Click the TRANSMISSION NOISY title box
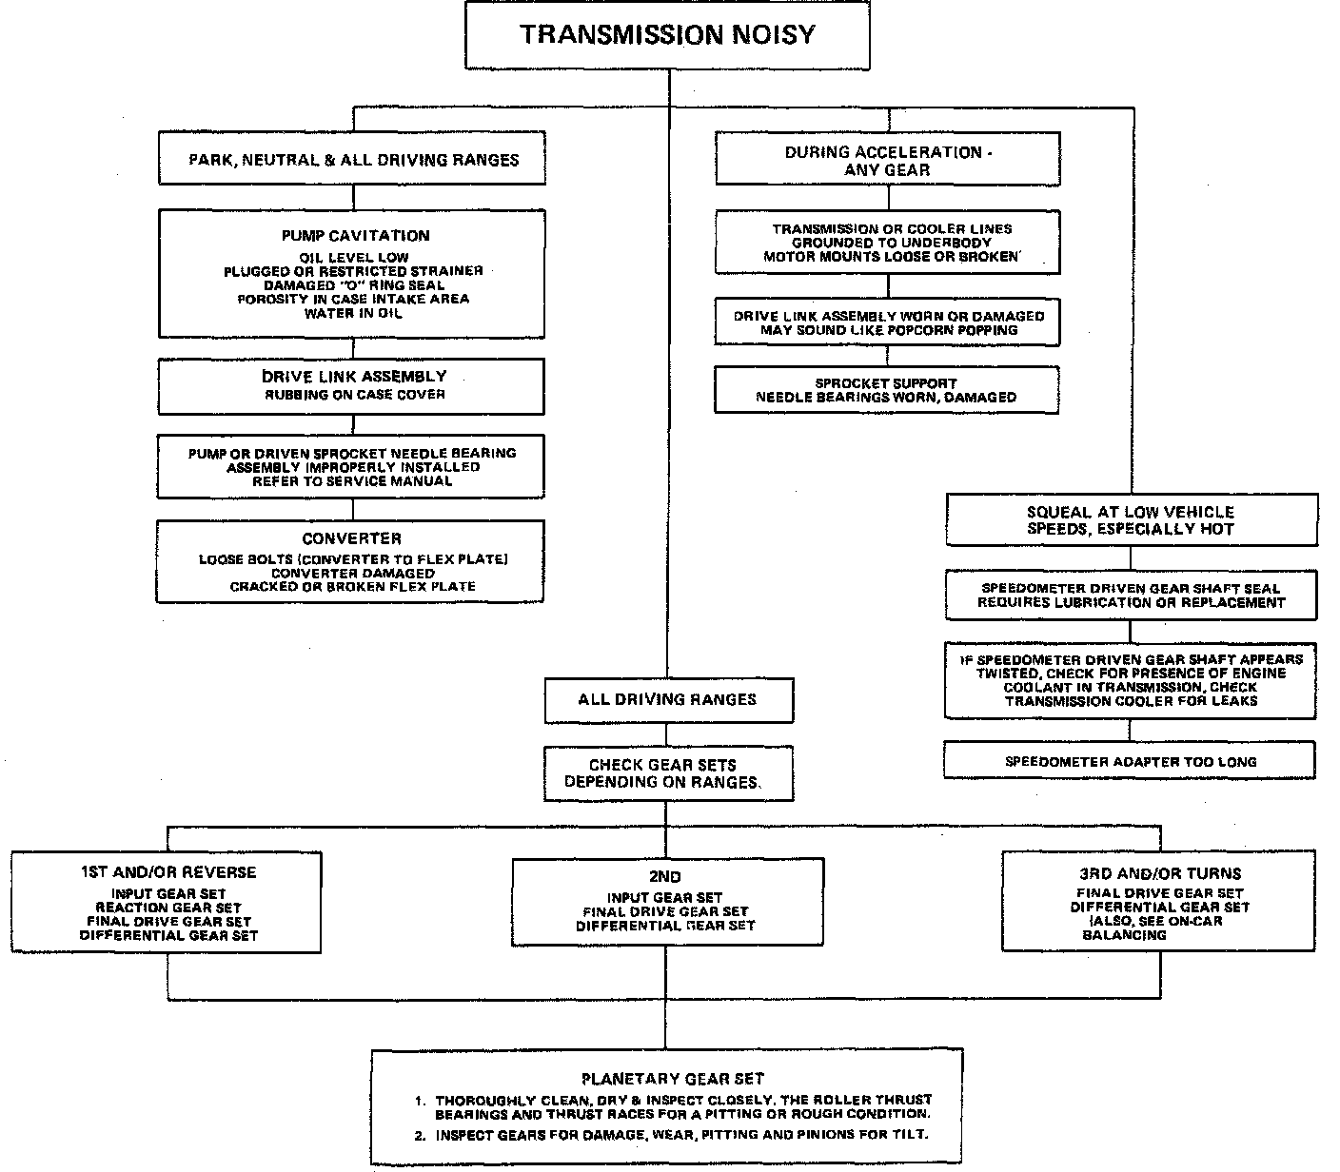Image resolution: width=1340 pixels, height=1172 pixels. click(x=667, y=35)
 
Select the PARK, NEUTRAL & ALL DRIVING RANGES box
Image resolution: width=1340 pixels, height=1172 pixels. click(x=353, y=159)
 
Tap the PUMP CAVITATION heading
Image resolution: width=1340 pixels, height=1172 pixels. click(x=355, y=235)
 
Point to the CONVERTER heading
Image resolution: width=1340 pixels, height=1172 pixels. click(x=352, y=538)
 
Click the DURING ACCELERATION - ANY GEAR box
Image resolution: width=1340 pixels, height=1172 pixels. click(x=887, y=160)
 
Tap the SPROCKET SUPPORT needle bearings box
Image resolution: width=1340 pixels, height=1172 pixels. click(x=886, y=390)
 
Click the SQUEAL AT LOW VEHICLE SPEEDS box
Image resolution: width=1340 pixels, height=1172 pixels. click(x=1131, y=519)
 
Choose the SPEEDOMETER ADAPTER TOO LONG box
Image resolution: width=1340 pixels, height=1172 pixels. click(x=1131, y=761)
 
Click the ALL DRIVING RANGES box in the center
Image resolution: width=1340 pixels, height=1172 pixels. click(x=668, y=699)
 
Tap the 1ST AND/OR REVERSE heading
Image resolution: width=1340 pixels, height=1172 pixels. click(x=168, y=871)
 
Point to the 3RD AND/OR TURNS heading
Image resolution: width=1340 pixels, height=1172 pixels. click(x=1159, y=872)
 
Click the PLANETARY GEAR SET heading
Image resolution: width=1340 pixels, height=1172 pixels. click(x=672, y=1078)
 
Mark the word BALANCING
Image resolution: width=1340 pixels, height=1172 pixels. click(x=1124, y=935)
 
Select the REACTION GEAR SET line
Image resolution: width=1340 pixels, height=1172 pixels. click(x=168, y=908)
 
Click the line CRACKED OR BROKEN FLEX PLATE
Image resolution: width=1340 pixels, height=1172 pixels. click(x=352, y=586)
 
